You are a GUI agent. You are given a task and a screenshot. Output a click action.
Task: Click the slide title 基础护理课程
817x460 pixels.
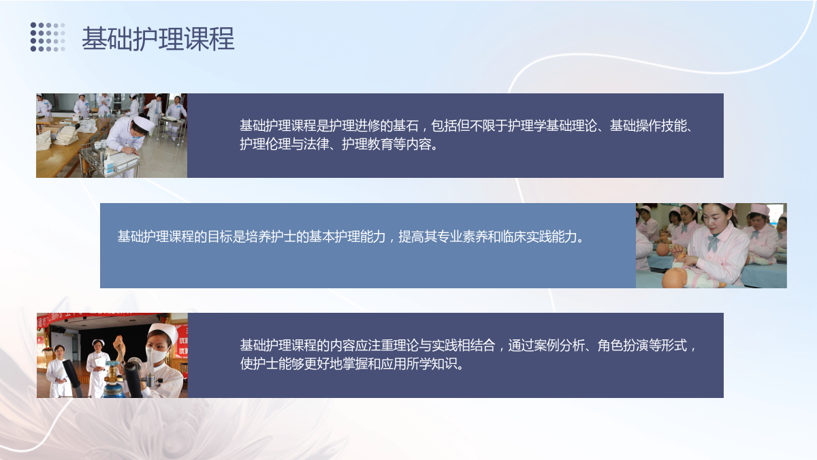(x=157, y=38)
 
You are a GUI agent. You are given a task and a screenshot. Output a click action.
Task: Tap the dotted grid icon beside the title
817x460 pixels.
(x=48, y=37)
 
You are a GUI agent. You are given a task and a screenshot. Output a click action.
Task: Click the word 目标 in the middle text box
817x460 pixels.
(x=219, y=236)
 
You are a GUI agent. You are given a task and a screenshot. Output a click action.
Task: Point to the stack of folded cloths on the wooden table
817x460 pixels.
(x=67, y=135)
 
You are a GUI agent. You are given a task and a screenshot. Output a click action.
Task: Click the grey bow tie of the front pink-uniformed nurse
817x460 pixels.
(x=712, y=242)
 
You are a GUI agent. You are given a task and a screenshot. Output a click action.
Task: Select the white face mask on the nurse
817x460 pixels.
(x=157, y=354)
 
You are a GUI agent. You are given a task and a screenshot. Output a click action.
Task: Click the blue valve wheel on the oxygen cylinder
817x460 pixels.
(x=112, y=364)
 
